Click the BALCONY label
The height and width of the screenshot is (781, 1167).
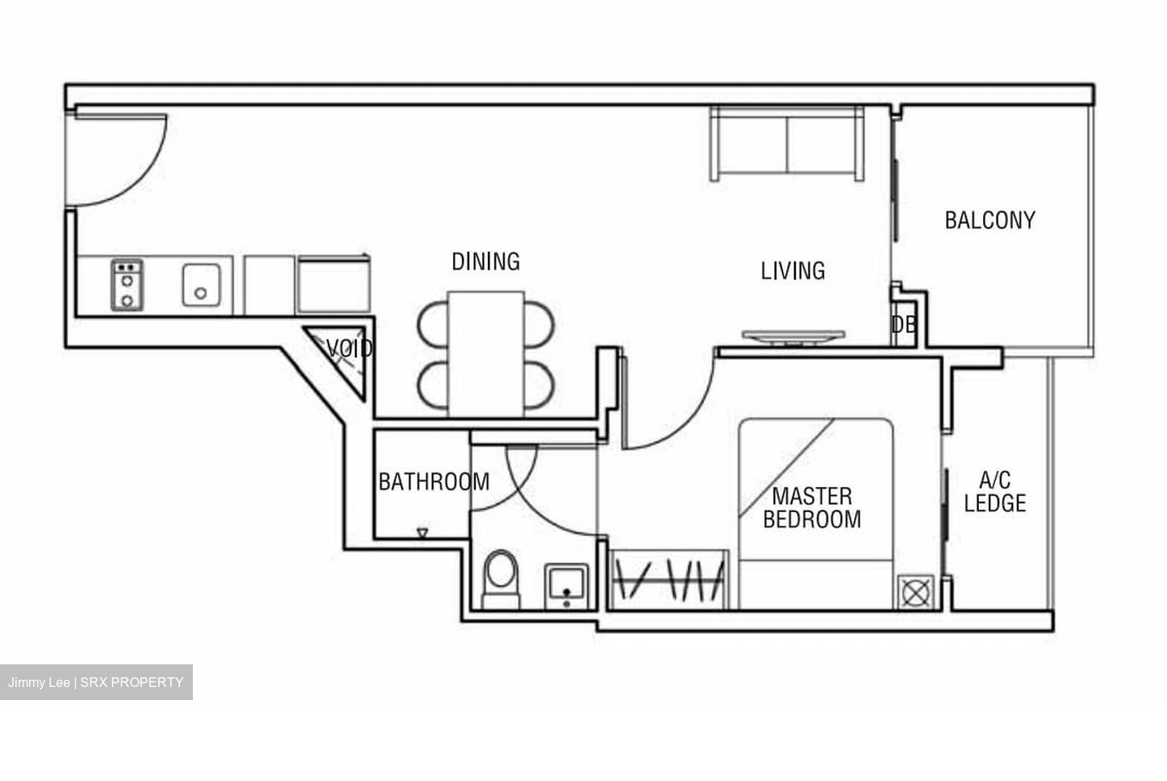pyautogui.click(x=990, y=220)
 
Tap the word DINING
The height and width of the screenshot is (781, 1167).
pyautogui.click(x=485, y=262)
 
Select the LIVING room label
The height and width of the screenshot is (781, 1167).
pyautogui.click(x=793, y=271)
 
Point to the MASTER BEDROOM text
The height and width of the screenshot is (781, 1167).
pyautogui.click(x=812, y=508)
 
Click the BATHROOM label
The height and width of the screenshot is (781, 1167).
pyautogui.click(x=434, y=482)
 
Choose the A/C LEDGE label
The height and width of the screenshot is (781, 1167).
pyautogui.click(x=994, y=492)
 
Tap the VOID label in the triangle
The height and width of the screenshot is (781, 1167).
pyautogui.click(x=349, y=349)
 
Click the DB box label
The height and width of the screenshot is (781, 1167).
pyautogui.click(x=904, y=325)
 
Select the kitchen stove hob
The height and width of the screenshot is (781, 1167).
pyautogui.click(x=127, y=284)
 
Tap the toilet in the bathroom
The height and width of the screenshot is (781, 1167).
pyautogui.click(x=500, y=578)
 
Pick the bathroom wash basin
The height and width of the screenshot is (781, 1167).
pyautogui.click(x=566, y=585)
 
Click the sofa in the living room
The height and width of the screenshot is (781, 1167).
pyautogui.click(x=787, y=143)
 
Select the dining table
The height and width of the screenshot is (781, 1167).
pyautogui.click(x=486, y=353)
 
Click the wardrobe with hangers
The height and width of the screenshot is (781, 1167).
pyautogui.click(x=669, y=580)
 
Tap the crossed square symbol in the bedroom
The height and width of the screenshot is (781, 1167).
pyautogui.click(x=915, y=592)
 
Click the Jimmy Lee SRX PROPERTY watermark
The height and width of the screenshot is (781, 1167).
pyautogui.click(x=96, y=682)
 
